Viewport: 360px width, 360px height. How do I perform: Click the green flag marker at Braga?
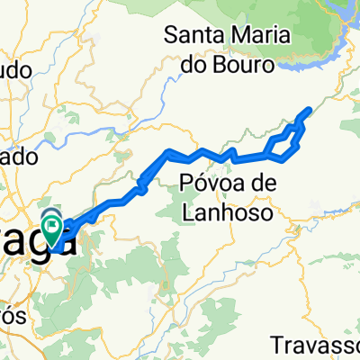tap(52, 227)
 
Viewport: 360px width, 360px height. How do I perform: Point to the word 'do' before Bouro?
tap(184, 67)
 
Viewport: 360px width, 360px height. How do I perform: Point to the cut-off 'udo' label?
tap(13, 71)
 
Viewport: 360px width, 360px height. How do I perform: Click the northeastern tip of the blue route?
tap(310, 110)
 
